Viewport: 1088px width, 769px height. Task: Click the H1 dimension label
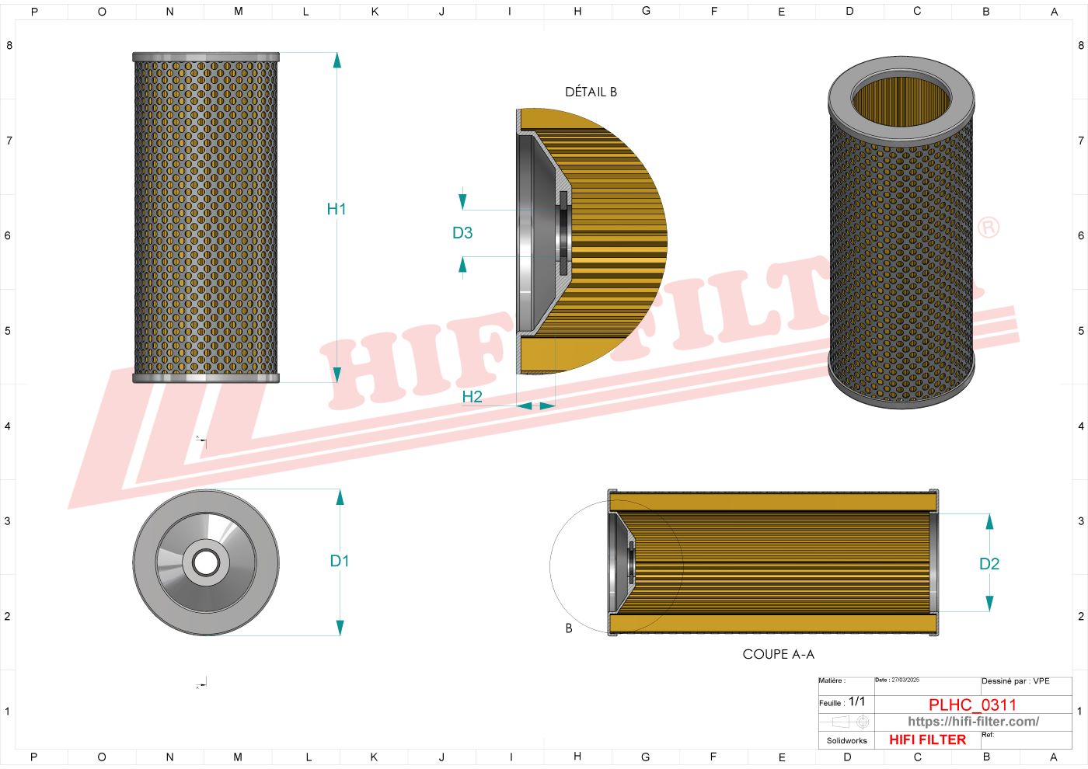click(336, 209)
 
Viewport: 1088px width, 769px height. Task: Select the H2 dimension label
click(472, 397)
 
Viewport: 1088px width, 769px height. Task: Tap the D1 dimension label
click(340, 561)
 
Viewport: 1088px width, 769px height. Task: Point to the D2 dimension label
click(989, 564)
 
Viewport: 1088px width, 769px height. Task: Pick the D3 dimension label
click(462, 233)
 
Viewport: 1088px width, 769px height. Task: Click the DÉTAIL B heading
click(591, 92)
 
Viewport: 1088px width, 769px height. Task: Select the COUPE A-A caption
click(778, 654)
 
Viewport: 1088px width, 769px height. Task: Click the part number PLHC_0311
click(972, 705)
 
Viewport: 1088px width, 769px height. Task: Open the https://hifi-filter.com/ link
click(973, 722)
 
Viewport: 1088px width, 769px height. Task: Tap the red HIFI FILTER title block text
click(927, 739)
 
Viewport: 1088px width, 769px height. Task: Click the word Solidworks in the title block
click(846, 740)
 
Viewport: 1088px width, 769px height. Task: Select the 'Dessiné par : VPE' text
click(1015, 681)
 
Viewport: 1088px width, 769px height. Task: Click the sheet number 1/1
click(856, 701)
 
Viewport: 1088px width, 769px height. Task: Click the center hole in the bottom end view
click(206, 562)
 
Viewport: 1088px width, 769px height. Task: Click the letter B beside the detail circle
click(569, 628)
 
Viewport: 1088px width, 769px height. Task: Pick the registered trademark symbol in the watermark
click(988, 228)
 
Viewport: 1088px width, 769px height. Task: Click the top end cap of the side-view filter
click(206, 57)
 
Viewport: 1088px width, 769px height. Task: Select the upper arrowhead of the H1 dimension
click(337, 61)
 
